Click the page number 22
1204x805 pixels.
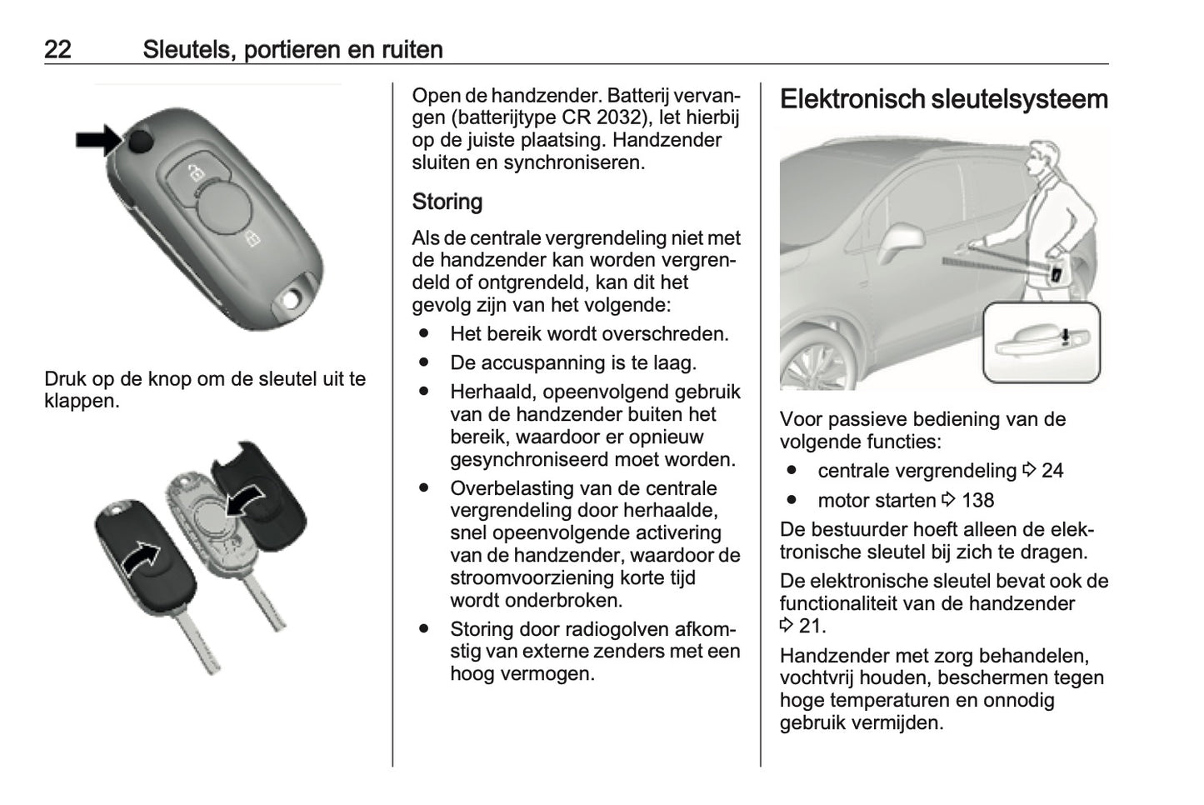coord(57,49)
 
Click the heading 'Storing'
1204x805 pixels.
coord(447,202)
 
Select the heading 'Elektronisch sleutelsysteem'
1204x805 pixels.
coord(943,99)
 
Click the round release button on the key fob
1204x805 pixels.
coord(142,142)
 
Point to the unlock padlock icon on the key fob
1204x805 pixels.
coord(195,172)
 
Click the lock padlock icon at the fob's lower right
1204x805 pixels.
coord(252,240)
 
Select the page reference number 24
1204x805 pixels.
coord(1052,471)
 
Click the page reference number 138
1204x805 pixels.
coord(977,501)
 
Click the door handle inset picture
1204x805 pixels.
coord(1042,342)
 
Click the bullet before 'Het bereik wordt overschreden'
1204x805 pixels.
coord(425,333)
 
